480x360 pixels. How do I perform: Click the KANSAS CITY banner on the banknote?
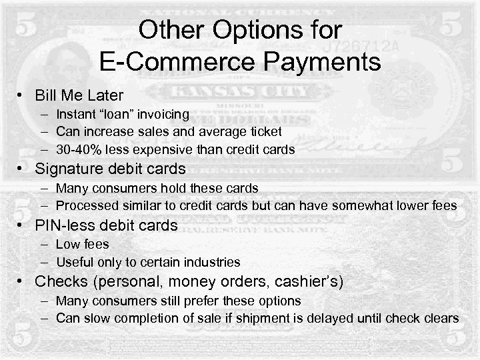(240, 91)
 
